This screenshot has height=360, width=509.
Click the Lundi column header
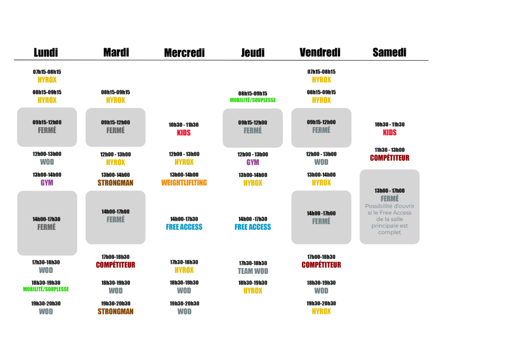coord(46,52)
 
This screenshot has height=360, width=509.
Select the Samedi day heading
coord(389,52)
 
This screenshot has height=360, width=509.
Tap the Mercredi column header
coord(184,53)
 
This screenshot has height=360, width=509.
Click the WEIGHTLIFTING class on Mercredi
coord(184,183)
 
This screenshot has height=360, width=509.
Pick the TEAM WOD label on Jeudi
coord(253,271)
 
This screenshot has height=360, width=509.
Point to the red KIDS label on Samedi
coord(390,132)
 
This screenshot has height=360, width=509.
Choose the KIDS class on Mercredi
coord(184,133)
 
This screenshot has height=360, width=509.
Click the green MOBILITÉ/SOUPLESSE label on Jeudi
coord(253,100)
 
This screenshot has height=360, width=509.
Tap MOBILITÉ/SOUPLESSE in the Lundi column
coord(46,289)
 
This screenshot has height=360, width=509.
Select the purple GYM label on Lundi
coord(47,183)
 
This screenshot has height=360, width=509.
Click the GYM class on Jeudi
coord(253,162)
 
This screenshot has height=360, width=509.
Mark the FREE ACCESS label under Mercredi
coord(184,227)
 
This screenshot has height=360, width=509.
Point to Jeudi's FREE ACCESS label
coord(253,227)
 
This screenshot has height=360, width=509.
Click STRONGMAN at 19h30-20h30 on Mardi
coord(115,312)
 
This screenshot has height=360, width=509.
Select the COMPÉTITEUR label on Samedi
coord(390,158)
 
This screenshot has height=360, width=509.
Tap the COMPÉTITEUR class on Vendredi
coord(322,265)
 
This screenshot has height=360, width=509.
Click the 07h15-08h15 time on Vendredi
coord(322,72)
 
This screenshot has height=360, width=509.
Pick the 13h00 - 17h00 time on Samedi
coord(390,190)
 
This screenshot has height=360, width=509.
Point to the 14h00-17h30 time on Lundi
coord(46,219)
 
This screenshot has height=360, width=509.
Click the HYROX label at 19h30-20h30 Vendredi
coord(322,312)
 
